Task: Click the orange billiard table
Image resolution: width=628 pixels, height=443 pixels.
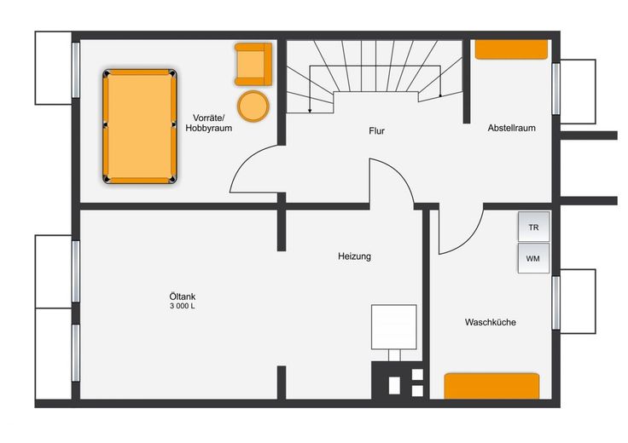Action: tap(140, 126)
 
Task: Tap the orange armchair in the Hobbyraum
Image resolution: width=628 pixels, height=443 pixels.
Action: tap(253, 65)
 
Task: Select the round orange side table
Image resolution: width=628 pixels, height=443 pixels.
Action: tap(253, 106)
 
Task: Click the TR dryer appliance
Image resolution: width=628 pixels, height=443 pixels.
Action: tap(533, 227)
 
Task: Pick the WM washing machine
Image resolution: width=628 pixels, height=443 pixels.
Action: tap(533, 258)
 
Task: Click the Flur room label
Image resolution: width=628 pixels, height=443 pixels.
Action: tap(376, 130)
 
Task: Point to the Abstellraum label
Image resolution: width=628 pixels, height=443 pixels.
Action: tap(511, 128)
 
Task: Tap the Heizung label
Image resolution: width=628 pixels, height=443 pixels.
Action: tap(354, 256)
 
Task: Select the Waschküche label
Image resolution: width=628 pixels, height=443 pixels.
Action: tap(491, 322)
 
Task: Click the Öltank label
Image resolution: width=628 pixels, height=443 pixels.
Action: tap(183, 296)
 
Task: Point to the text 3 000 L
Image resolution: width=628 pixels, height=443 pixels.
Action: tap(183, 307)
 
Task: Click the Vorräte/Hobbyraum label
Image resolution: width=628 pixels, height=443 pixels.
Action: tap(209, 124)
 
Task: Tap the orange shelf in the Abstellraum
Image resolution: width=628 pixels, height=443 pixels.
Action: tap(511, 49)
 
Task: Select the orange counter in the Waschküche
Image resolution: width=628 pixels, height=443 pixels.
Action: tap(491, 386)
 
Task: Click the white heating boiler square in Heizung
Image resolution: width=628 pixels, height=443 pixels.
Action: tap(393, 326)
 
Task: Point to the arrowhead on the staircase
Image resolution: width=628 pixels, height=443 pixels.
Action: tap(310, 111)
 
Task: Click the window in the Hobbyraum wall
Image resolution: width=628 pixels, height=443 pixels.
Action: tap(76, 70)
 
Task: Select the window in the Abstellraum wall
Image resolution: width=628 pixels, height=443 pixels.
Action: tap(556, 89)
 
